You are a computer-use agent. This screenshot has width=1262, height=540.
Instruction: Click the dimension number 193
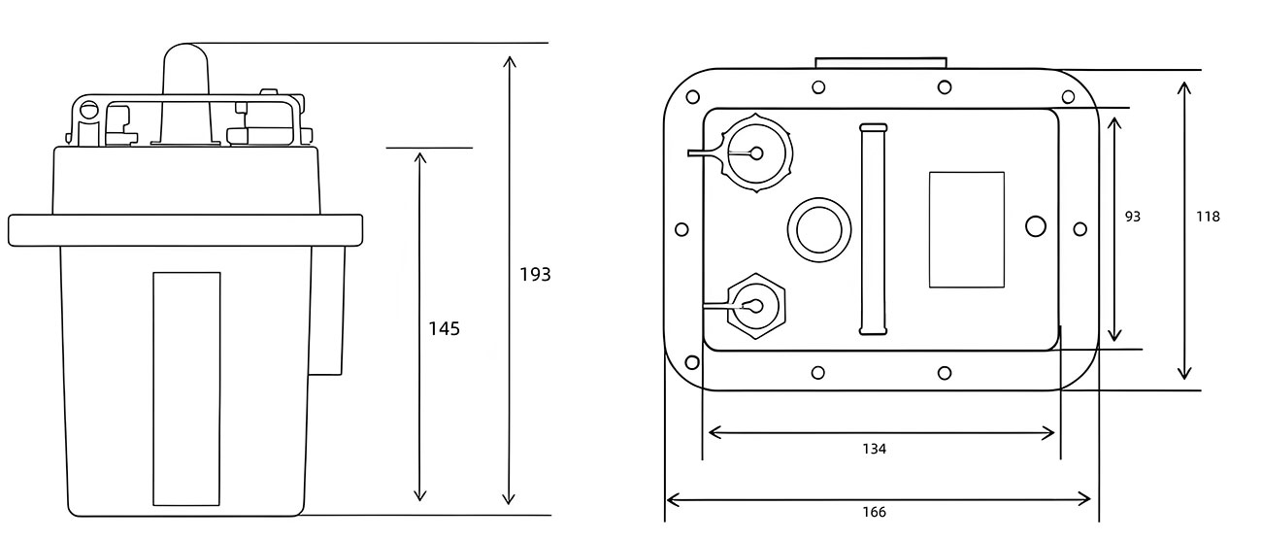click(535, 275)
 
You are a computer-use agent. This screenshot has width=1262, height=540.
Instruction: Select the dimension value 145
click(444, 329)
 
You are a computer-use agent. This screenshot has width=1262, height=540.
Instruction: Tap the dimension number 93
click(1132, 217)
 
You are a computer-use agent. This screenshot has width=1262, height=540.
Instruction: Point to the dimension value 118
click(1208, 217)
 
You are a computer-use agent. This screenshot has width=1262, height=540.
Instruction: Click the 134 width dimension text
click(874, 449)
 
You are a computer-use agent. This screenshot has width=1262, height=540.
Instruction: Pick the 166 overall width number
click(874, 512)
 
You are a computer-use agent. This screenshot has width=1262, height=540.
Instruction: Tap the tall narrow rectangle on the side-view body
click(186, 388)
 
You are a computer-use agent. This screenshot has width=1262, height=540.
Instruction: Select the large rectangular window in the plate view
click(966, 229)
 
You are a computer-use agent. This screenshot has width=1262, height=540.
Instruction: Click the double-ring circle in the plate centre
click(817, 230)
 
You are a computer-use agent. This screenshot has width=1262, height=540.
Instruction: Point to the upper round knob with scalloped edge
click(758, 153)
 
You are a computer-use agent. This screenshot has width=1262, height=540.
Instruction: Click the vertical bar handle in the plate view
click(873, 229)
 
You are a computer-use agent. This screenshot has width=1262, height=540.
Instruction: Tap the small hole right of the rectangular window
click(1036, 226)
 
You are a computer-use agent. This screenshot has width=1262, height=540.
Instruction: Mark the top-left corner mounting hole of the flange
click(692, 98)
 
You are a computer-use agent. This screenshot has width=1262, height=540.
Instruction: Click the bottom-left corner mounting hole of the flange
click(691, 363)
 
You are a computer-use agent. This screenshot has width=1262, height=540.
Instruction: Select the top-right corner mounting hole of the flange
click(1068, 96)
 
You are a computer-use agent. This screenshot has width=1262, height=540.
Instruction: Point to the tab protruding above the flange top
click(880, 62)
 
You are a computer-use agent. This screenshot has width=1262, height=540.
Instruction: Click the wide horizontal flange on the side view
click(185, 229)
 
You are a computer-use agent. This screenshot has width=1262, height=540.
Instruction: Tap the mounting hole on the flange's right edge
click(1079, 228)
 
